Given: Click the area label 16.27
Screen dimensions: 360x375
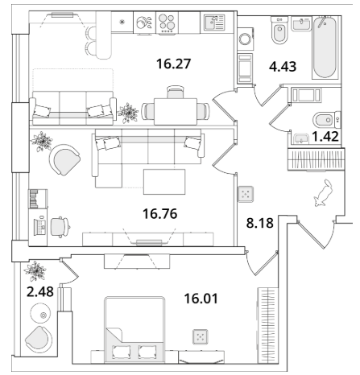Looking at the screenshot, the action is (x=173, y=64).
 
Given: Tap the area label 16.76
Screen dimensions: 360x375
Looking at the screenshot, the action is (x=160, y=214).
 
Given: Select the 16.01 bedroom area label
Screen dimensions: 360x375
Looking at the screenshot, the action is (x=201, y=299).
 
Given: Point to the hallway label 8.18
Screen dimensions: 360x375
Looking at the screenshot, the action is (x=259, y=223).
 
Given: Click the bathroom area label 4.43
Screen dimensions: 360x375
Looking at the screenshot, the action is (x=283, y=66).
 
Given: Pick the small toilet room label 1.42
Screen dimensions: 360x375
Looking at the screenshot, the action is (x=325, y=136).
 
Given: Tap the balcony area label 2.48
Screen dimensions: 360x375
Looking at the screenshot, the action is (x=40, y=291).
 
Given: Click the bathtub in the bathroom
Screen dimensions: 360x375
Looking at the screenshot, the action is (x=325, y=47).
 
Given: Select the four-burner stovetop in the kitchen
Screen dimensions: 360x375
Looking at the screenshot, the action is (x=167, y=23).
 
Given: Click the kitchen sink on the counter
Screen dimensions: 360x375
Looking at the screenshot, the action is (x=214, y=23).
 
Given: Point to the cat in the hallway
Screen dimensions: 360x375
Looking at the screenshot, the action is (x=323, y=193).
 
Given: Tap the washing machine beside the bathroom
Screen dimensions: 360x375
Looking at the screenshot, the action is (x=245, y=39).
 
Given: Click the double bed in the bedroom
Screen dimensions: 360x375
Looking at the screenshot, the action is (x=134, y=330).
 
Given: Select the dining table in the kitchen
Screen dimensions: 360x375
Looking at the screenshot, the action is (x=176, y=112).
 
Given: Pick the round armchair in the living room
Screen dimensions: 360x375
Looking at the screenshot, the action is (x=64, y=160).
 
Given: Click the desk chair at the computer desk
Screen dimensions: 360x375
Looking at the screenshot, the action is (x=60, y=227).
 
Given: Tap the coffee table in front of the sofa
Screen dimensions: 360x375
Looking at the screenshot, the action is (x=164, y=182).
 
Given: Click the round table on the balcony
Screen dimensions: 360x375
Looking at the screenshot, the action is (x=40, y=313).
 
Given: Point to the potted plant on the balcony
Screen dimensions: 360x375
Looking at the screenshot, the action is (x=35, y=270).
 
